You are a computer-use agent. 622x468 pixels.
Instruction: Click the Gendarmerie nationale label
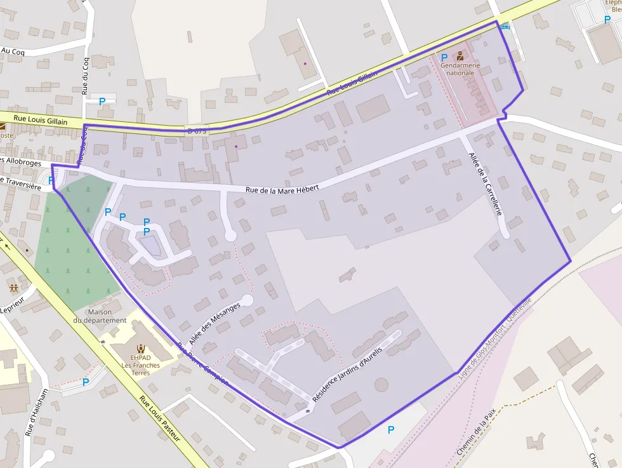click(x=460, y=69)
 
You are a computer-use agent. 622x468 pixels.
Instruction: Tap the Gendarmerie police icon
click(x=460, y=57)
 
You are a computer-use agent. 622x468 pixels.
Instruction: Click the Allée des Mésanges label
click(x=215, y=323)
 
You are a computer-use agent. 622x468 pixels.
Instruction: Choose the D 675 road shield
click(x=197, y=131)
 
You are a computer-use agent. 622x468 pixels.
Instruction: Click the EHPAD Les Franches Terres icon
click(x=140, y=348)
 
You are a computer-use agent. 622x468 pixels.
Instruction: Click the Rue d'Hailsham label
click(x=37, y=411)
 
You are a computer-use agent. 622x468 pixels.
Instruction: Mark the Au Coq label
click(x=13, y=51)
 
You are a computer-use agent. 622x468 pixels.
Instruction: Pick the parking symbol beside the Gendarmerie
click(x=444, y=57)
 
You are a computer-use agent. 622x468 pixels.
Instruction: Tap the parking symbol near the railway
click(x=391, y=430)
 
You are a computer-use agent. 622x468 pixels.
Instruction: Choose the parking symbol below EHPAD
click(x=86, y=382)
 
